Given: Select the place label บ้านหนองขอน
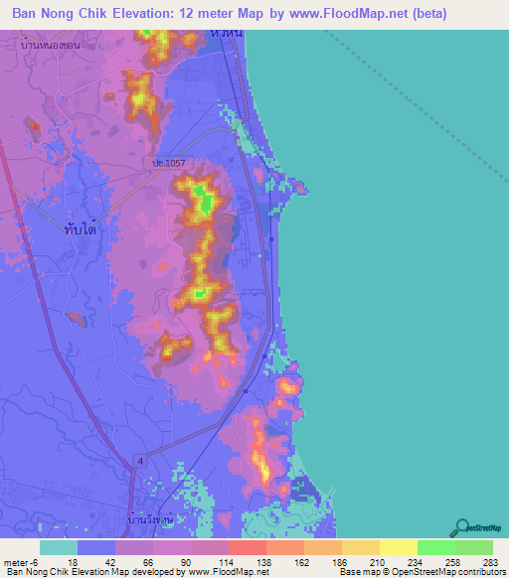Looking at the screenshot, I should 57,46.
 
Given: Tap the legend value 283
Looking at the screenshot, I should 487,561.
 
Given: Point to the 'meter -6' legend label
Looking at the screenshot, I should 19,561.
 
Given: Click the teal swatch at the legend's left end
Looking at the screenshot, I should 59,547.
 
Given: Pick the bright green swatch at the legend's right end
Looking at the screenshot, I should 474,547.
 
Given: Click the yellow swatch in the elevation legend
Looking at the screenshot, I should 398,547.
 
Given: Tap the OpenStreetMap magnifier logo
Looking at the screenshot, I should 462,528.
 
